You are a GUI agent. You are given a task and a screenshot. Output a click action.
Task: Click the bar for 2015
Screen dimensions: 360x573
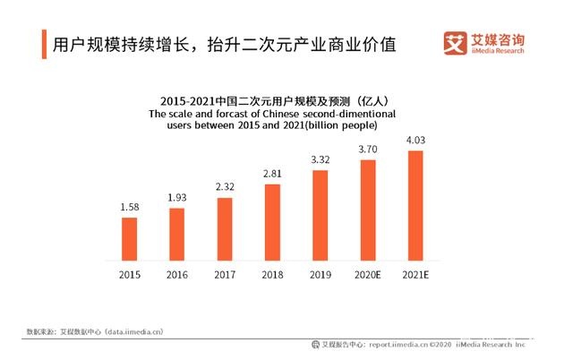click(x=130, y=238)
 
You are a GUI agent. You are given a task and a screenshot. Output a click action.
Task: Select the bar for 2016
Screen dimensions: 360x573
click(x=177, y=234)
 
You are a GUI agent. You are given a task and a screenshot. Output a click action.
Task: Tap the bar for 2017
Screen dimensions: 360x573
click(x=225, y=228)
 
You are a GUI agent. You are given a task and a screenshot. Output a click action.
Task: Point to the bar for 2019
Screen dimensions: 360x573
click(x=321, y=215)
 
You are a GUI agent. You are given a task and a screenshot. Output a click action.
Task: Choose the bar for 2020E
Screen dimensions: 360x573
click(x=368, y=210)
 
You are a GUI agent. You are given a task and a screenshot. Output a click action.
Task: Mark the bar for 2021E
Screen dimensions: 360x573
click(x=415, y=205)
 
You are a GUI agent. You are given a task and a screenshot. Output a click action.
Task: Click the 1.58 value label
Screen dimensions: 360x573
click(x=130, y=207)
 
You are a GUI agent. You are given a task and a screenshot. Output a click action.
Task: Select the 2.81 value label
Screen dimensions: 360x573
click(x=272, y=174)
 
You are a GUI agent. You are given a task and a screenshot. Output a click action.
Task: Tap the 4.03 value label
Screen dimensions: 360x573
click(x=415, y=141)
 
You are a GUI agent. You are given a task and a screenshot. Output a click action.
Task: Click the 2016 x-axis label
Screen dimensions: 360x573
click(x=177, y=275)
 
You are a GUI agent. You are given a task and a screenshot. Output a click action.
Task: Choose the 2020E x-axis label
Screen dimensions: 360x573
click(x=368, y=275)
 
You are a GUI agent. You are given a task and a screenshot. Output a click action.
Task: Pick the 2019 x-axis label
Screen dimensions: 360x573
click(x=321, y=275)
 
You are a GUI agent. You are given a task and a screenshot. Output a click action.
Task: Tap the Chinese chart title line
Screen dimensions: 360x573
click(x=272, y=101)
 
